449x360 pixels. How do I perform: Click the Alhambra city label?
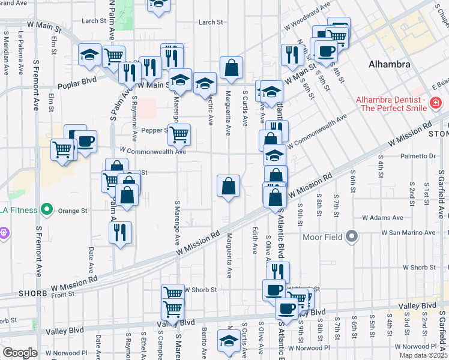click(390, 64)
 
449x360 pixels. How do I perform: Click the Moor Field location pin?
click(352, 236)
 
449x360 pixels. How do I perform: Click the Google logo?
click(20, 352)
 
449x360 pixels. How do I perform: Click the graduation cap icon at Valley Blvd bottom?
click(228, 342)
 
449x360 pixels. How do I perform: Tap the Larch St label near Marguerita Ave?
click(211, 22)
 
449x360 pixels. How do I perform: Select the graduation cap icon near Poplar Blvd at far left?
click(89, 55)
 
